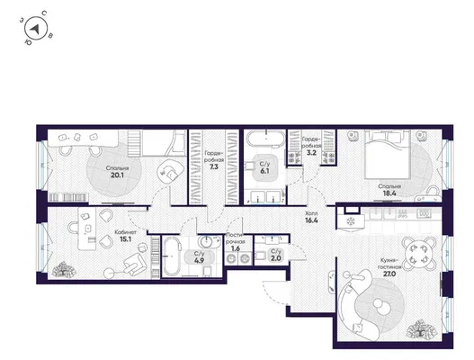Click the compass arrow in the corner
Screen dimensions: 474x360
[35, 29]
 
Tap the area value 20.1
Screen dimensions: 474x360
[117, 175]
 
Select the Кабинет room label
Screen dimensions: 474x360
[125, 232]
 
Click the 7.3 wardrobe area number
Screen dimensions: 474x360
[214, 166]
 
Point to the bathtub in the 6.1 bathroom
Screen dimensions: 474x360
[266, 139]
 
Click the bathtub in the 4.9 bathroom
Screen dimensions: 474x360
[172, 256]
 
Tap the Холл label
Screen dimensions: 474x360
[311, 213]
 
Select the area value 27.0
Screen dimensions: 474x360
[390, 274]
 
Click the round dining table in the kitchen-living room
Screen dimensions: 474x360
[420, 253]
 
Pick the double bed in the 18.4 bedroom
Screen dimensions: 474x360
[388, 154]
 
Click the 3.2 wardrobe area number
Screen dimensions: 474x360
[311, 153]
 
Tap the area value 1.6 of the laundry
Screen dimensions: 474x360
[236, 248]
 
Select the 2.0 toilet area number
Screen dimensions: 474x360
[276, 258]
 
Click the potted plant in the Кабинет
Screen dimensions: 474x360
[64, 269]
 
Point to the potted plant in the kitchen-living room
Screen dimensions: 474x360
[422, 329]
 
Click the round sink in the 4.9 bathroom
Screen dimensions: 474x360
[207, 242]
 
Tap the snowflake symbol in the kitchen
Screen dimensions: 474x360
[351, 221]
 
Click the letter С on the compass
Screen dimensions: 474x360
[44, 13]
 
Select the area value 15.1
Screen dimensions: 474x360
[125, 239]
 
